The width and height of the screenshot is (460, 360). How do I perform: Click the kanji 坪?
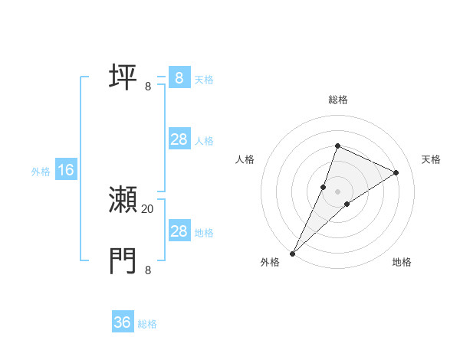pos(123,78)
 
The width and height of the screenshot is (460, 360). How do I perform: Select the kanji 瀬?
pos(123,201)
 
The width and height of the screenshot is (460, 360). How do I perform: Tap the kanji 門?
pos(123,261)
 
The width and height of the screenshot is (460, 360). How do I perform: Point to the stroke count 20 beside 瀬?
pos(148,208)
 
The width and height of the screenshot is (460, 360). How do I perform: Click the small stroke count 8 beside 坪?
pos(148,86)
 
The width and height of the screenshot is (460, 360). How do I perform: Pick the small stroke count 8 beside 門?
pos(148,270)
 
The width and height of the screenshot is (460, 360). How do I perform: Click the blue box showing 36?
pos(123,322)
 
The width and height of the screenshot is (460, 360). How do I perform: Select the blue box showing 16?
pos(66,170)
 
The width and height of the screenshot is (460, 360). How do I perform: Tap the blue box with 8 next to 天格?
pos(179,78)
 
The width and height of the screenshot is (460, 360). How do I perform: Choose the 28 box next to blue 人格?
pos(179,139)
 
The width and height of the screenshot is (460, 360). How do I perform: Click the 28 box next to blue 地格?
pos(179,231)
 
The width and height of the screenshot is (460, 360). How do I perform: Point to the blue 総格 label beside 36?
pos(147,324)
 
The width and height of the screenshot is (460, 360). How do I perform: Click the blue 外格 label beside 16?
pos(41,172)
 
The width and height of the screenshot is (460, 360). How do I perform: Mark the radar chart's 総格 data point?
pos(337,146)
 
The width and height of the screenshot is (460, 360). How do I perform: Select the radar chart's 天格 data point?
pos(396,172)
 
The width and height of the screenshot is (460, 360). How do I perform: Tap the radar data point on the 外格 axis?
pos(292,254)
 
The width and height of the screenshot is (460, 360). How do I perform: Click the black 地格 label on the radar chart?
pos(402,262)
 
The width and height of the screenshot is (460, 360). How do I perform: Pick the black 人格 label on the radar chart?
pos(245,159)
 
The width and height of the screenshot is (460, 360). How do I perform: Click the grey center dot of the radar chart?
pos(337,191)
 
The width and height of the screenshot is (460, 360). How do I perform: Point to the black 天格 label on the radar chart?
pos(431,159)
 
